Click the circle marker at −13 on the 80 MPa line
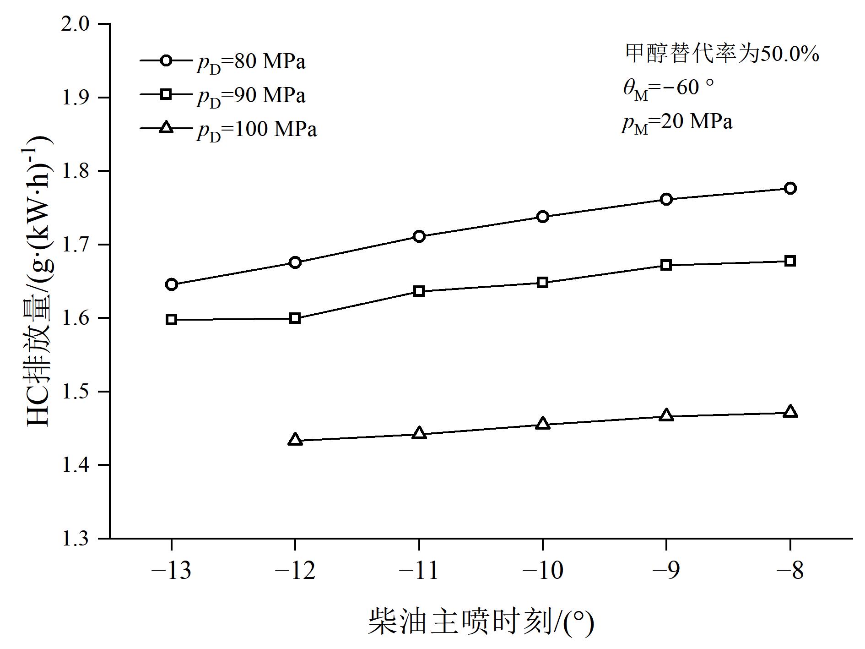click(x=172, y=284)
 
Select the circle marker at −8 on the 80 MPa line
click(x=790, y=188)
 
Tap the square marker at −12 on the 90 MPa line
click(x=295, y=318)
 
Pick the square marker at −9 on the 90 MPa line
click(x=666, y=265)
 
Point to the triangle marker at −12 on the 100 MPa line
click(x=295, y=440)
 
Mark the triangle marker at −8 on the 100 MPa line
click(x=790, y=412)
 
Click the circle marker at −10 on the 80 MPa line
click(x=543, y=217)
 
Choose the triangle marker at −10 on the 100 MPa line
click(x=543, y=424)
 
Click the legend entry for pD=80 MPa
click(x=223, y=62)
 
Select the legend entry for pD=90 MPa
click(x=223, y=95)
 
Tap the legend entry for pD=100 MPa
click(x=228, y=129)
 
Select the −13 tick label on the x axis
click(x=172, y=571)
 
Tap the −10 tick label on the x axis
click(x=543, y=571)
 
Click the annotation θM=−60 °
click(x=669, y=87)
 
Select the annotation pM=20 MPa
click(x=677, y=122)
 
